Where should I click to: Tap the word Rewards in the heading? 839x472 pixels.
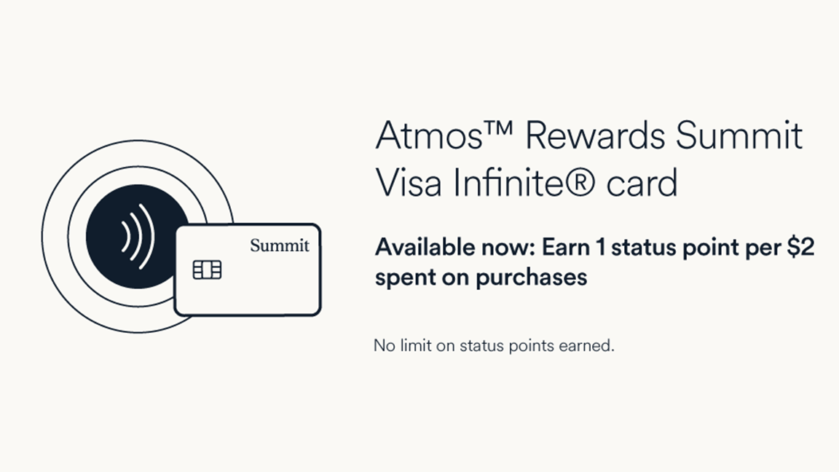pos(593,136)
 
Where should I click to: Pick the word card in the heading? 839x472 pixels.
pos(640,183)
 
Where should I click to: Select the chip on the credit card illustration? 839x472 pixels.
pos(207,270)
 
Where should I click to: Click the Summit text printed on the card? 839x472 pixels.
pos(280,246)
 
